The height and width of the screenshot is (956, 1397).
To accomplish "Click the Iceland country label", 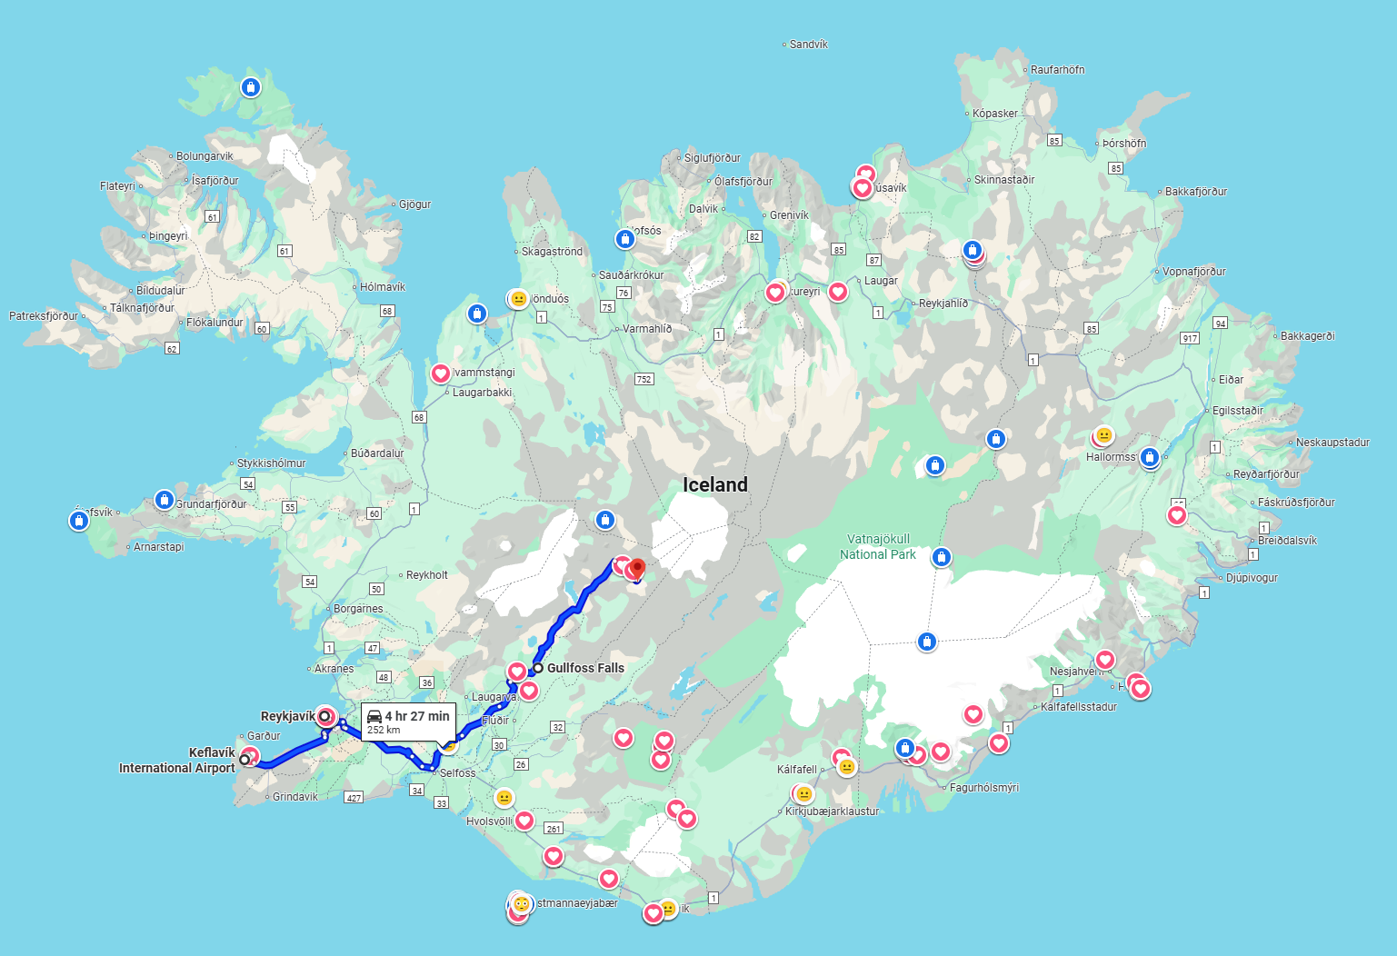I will coord(715,485).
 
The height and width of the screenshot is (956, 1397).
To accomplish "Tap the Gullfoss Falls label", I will coord(585,668).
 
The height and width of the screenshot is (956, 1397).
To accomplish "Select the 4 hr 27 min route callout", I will coord(409,722).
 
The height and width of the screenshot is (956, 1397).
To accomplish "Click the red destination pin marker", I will coord(637,568).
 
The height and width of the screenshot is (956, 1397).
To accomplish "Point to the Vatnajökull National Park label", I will coord(877,546).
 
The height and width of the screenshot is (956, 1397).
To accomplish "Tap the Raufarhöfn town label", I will coord(1057,70).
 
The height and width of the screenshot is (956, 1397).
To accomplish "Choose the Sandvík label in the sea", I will coord(808,45).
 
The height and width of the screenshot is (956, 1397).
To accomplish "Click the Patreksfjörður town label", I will coord(44,316).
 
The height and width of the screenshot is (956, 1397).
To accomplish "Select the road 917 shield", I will coord(1190,338).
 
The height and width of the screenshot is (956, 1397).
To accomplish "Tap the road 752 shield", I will coord(644,379).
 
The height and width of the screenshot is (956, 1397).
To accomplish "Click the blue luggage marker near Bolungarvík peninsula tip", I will coord(251,87).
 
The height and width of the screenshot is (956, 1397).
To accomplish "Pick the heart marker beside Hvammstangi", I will coord(441,373).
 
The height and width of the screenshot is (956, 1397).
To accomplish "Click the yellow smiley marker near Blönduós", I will coord(518,299).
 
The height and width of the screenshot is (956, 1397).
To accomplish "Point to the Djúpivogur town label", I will coord(1252,578).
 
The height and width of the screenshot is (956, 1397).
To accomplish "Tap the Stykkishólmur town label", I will coord(271,463).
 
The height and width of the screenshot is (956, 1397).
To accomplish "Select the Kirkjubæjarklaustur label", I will coord(832,812).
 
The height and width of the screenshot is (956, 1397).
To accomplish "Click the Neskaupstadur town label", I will coord(1332,443).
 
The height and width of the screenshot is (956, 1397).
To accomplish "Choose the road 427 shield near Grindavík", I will coord(354,798).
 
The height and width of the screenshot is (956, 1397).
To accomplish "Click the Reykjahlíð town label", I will coord(943,304).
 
